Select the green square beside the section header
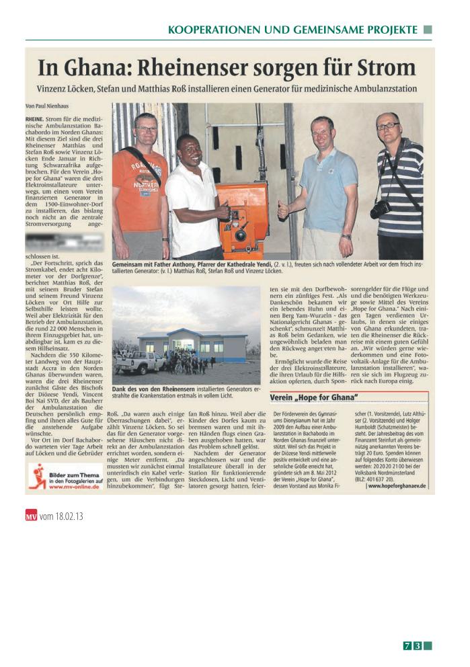428,30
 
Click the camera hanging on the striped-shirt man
381,209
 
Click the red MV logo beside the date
31,516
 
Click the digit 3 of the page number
418,646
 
